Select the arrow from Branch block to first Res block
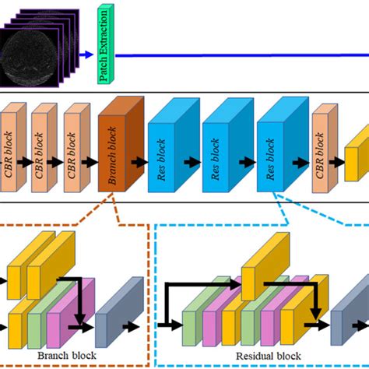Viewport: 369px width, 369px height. tap(141, 162)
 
